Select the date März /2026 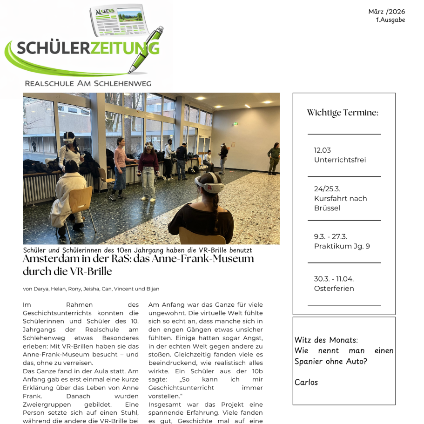(386, 12)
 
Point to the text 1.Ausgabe (390, 20)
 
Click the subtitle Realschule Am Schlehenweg (88, 84)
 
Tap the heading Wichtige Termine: (343, 113)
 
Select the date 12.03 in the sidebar (322, 150)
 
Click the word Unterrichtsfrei (340, 160)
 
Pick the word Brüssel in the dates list (327, 208)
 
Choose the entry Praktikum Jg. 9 (342, 246)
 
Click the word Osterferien (334, 289)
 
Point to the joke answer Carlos (306, 383)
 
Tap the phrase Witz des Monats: (326, 340)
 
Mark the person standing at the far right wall (274, 158)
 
